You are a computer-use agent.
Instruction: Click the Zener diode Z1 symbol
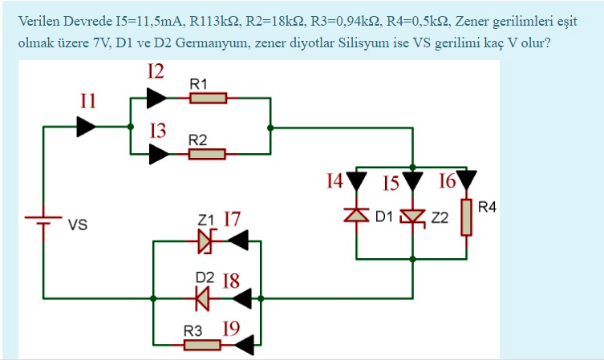point(205,239)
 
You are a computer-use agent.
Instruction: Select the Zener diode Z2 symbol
point(412,216)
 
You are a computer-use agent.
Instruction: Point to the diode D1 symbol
point(358,216)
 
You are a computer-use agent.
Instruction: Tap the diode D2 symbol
point(202,298)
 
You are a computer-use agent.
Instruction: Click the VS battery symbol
point(43,221)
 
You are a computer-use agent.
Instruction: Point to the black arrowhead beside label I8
point(241,298)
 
